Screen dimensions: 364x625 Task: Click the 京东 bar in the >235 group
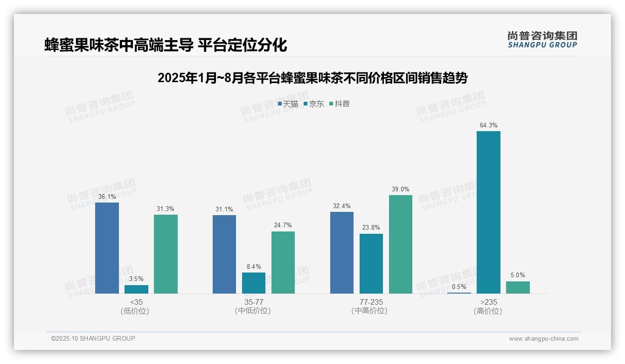(488, 212)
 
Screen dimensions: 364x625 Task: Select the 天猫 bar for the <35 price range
(107, 248)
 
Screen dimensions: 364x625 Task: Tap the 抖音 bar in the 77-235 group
(401, 244)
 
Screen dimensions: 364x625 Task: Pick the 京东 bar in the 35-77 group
(254, 283)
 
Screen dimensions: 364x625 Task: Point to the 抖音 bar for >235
(518, 287)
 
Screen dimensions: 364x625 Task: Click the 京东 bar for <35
(136, 289)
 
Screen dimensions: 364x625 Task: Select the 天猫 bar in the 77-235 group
(342, 252)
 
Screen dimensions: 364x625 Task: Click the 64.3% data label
(488, 126)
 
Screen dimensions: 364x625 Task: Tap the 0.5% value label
(459, 287)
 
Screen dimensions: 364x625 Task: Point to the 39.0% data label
(401, 189)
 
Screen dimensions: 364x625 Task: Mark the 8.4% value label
(254, 267)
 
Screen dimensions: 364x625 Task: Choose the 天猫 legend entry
(288, 104)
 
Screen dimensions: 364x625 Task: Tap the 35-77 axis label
(253, 302)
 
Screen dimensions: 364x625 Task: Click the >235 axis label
(488, 302)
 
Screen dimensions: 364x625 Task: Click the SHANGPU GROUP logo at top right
(542, 40)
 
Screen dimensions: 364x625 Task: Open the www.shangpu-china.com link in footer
(543, 339)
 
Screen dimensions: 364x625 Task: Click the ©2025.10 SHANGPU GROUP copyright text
(93, 339)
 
